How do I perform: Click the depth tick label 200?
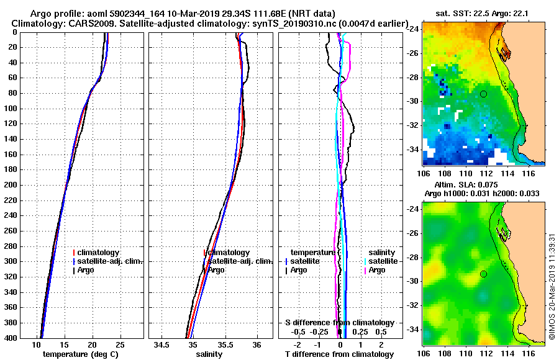pos(11,185)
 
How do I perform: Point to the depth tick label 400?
pos(11,338)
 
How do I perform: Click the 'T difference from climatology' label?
pos(339,354)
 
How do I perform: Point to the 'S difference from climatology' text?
pos(340,323)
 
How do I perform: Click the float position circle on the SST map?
pos(483,94)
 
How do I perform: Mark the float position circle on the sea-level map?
pos(483,274)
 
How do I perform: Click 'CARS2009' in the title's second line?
pos(83,24)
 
